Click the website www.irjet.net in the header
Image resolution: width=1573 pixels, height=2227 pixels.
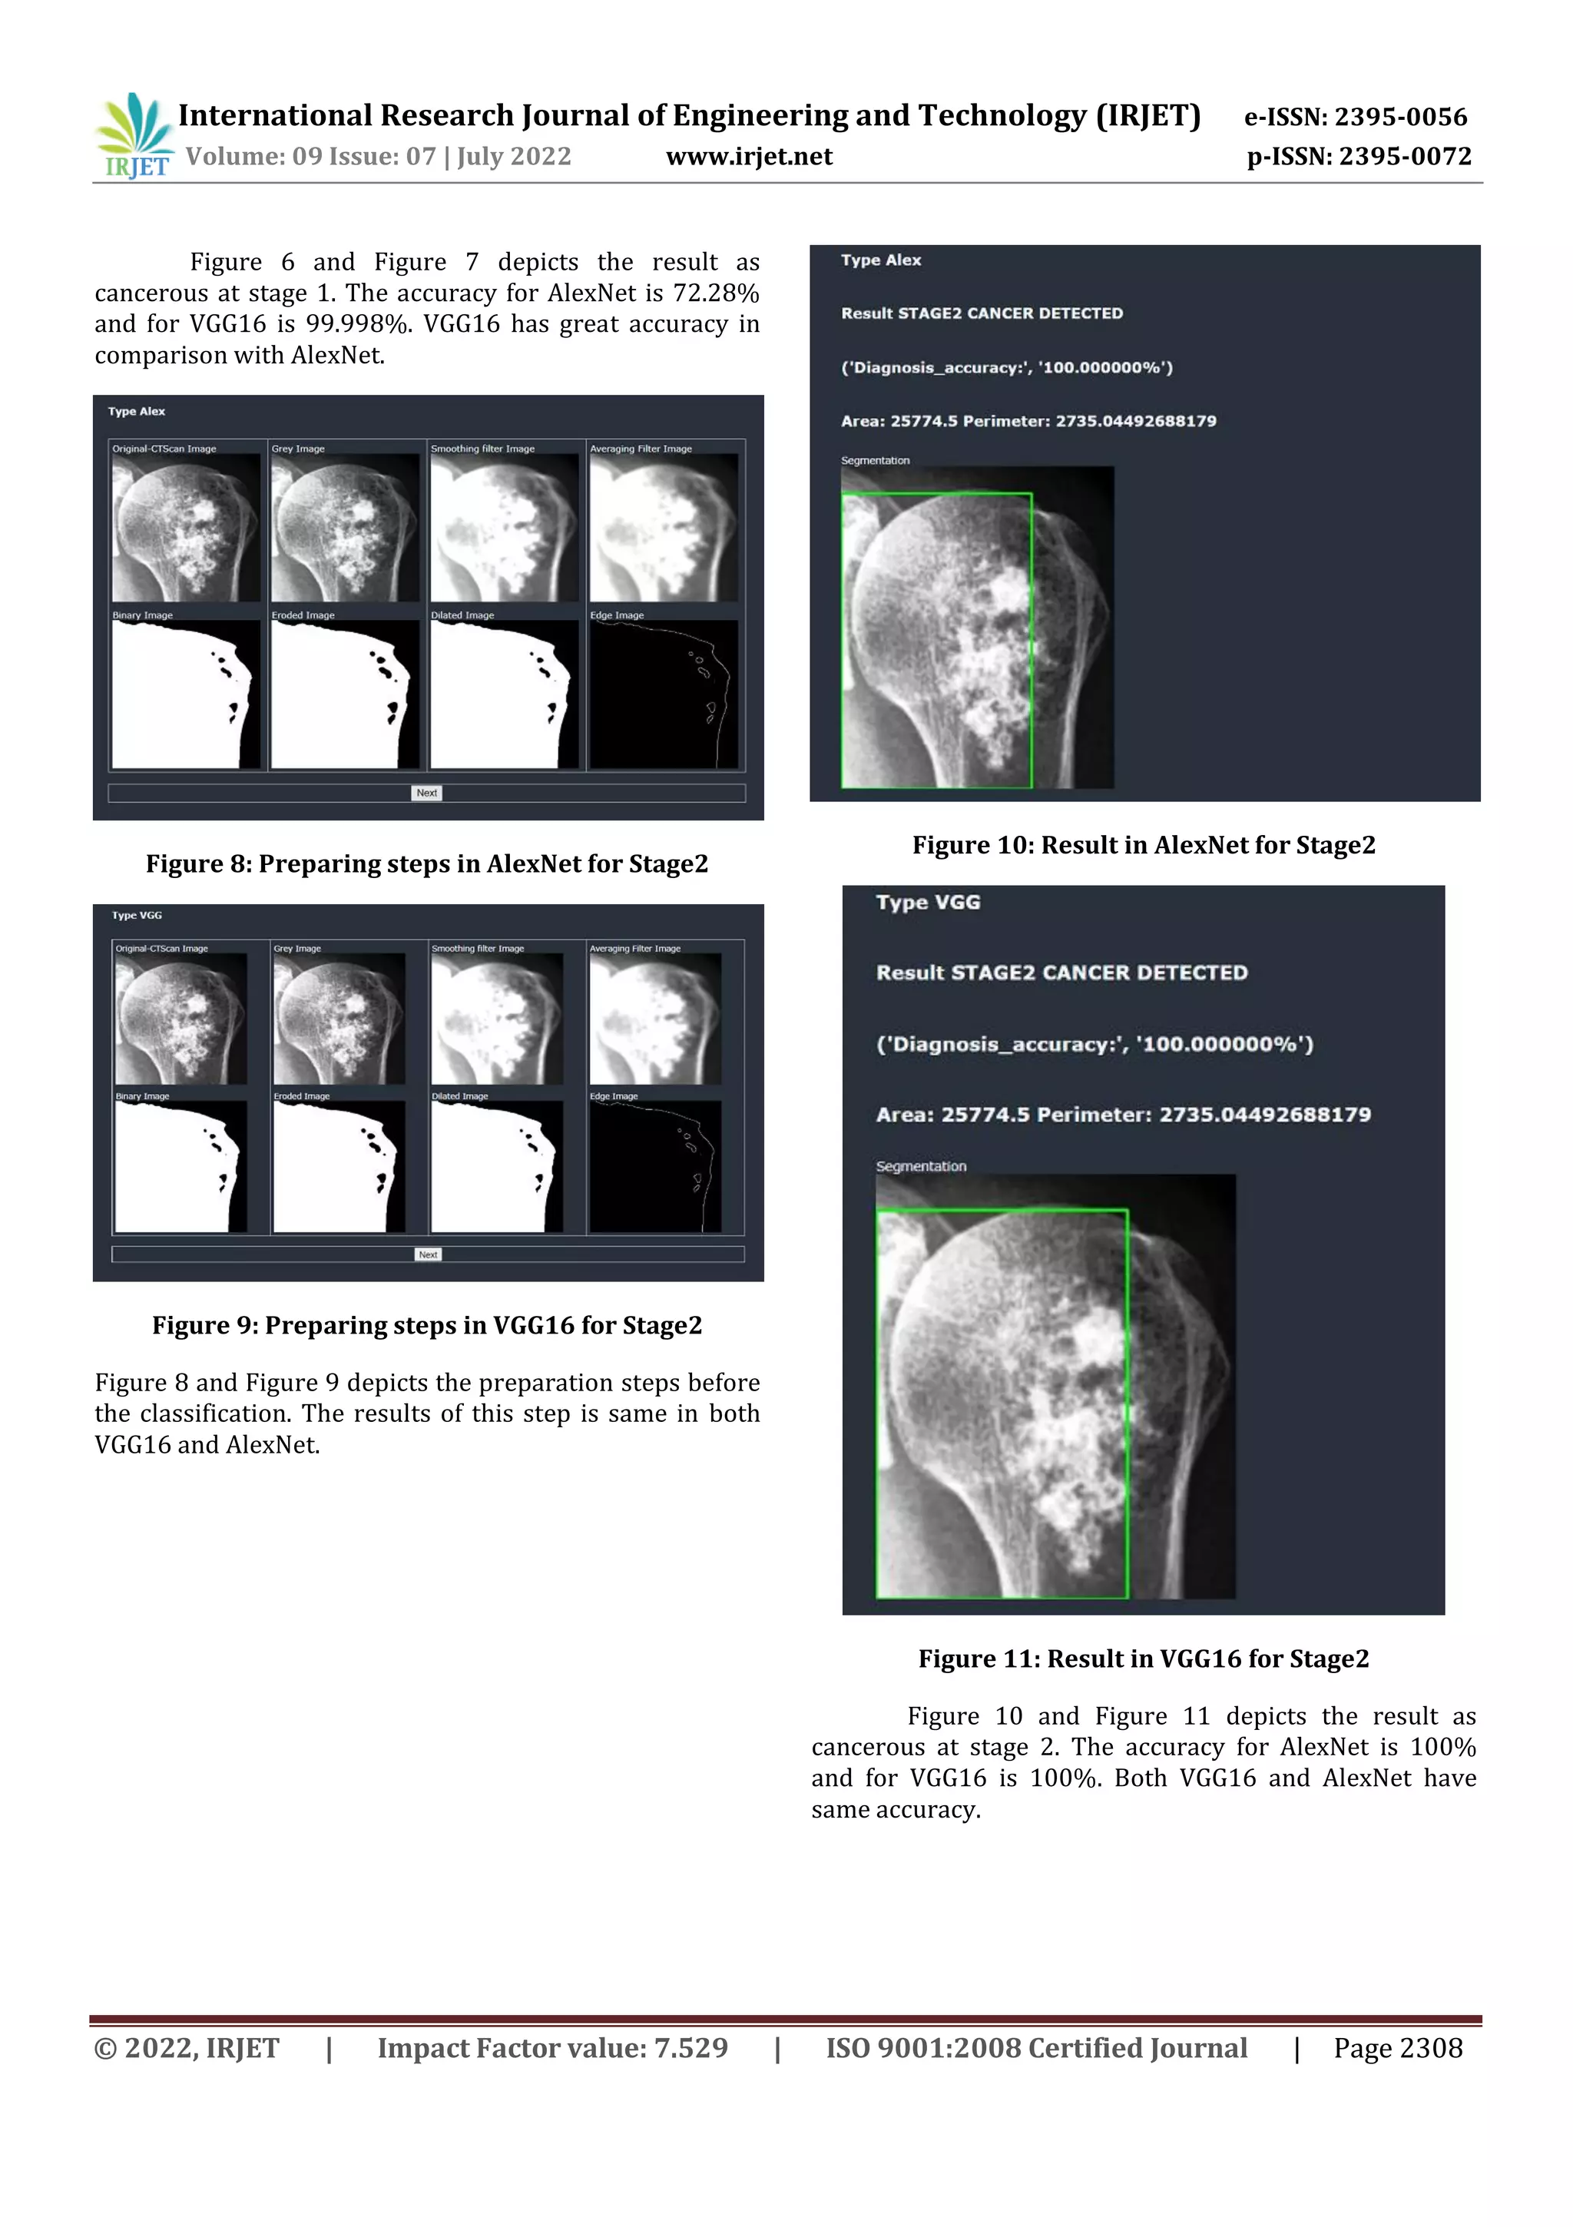[749, 156]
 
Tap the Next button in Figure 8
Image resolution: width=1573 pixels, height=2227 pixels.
[427, 793]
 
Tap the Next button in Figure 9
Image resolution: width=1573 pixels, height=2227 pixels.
[428, 1254]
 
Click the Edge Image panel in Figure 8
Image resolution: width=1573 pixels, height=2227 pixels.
[664, 694]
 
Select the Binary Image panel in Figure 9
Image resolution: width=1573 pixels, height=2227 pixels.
[180, 1166]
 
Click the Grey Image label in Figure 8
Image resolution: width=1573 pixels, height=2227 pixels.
[298, 449]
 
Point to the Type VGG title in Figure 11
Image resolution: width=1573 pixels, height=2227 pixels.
[928, 902]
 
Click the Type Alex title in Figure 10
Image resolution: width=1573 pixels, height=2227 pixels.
[880, 260]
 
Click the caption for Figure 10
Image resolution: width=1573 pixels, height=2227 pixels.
[1144, 845]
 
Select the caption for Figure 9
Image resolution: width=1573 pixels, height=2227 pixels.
[427, 1325]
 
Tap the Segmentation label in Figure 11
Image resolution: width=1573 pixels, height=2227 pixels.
[920, 1166]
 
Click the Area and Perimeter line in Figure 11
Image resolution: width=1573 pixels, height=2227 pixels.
[1123, 1115]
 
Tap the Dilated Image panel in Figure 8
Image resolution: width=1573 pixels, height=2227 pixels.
[505, 694]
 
